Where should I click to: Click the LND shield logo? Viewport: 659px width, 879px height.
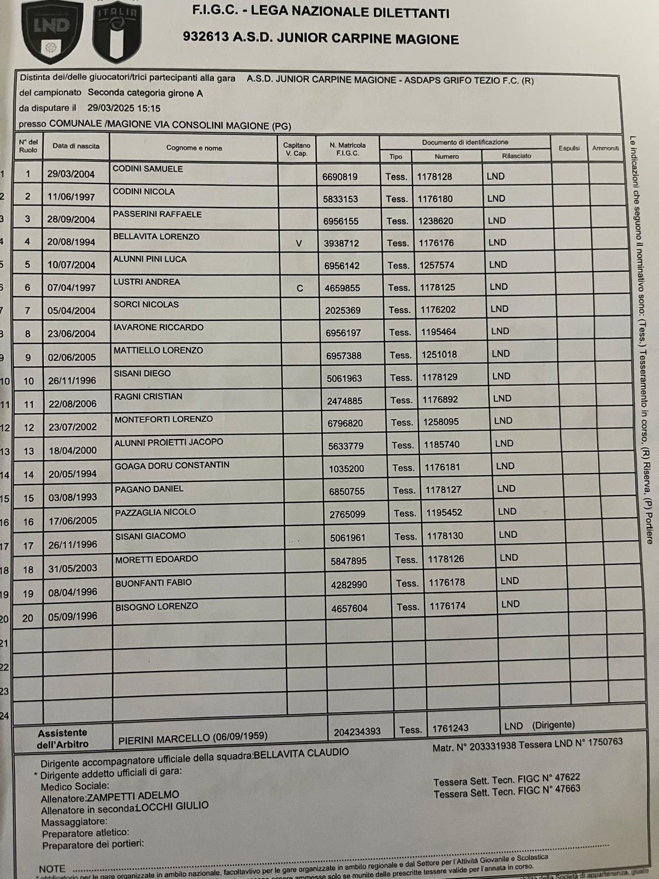(x=52, y=31)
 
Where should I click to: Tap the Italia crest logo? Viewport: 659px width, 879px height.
(x=117, y=31)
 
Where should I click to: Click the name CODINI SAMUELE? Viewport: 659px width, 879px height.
(x=148, y=169)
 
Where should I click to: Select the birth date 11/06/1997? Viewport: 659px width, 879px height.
(x=71, y=197)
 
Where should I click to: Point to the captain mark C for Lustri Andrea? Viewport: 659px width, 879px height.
(x=299, y=288)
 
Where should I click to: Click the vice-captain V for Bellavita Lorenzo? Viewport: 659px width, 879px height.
(x=299, y=243)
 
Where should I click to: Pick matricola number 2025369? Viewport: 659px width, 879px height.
(x=343, y=310)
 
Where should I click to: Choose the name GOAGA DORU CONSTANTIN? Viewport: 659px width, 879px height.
(x=172, y=465)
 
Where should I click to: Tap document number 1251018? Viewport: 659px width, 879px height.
(x=439, y=354)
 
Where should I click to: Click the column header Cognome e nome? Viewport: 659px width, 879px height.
(x=194, y=148)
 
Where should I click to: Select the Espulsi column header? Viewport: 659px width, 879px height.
(x=569, y=148)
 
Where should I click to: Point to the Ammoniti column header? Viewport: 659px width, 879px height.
(x=605, y=148)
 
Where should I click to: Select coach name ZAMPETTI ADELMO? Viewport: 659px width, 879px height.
(x=133, y=795)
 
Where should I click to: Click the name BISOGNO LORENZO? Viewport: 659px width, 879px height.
(x=157, y=607)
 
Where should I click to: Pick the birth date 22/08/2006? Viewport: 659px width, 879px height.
(x=72, y=404)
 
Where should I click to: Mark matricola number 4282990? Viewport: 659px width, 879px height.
(x=349, y=585)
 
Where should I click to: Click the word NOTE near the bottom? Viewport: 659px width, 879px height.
(x=52, y=869)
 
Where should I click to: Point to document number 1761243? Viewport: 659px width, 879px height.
(x=450, y=728)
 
